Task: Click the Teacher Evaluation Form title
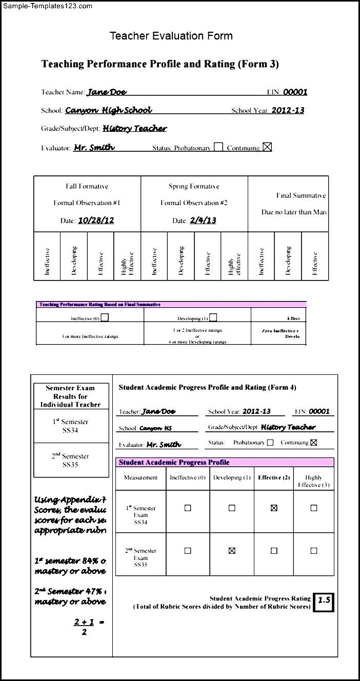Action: coord(171,36)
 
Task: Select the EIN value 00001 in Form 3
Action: coord(295,92)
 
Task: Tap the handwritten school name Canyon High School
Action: coord(109,110)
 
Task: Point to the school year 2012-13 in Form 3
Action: coord(288,110)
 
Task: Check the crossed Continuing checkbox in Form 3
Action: coord(267,147)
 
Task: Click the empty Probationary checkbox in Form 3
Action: coord(218,147)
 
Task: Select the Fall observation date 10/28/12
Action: coord(96,221)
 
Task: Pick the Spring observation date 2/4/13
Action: coord(203,221)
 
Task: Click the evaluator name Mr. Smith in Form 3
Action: coord(94,148)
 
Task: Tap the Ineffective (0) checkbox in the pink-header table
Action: coord(105,317)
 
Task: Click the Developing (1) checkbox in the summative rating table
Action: coord(213,317)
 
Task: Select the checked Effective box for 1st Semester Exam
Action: coord(274,508)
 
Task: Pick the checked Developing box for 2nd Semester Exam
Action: coord(232,551)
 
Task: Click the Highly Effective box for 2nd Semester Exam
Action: coord(314,551)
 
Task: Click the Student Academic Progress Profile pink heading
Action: coord(174,463)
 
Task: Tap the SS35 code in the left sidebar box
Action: coord(70,465)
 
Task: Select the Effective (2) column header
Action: coord(274,477)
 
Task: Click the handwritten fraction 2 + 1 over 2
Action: coord(84,627)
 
